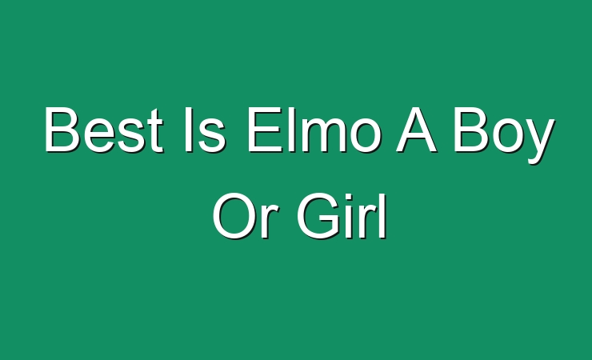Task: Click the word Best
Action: (x=104, y=130)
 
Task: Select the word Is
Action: (x=205, y=130)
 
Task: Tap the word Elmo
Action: (x=313, y=130)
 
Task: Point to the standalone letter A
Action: (x=416, y=130)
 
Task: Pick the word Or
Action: (x=246, y=215)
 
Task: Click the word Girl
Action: (x=342, y=215)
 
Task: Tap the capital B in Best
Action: (x=62, y=130)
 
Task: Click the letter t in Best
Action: (x=155, y=131)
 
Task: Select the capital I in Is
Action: (x=188, y=130)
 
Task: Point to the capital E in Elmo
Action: (x=265, y=130)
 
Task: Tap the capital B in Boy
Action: (x=471, y=130)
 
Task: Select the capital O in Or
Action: (x=235, y=215)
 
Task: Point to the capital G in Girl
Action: (x=319, y=215)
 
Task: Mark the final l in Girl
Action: (x=384, y=215)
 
